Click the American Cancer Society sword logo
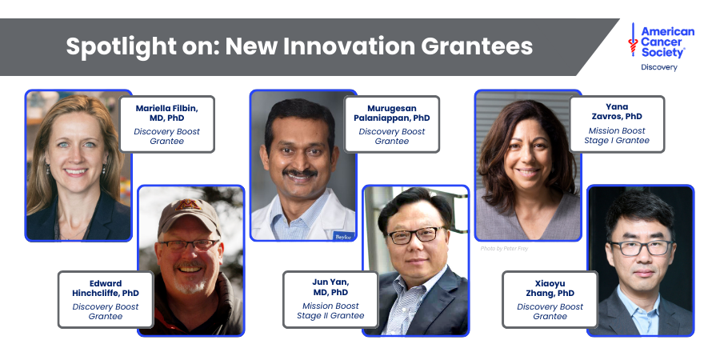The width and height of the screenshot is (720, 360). [x=634, y=39]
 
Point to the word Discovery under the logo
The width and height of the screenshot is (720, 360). [x=659, y=67]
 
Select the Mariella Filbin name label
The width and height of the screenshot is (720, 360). [x=167, y=112]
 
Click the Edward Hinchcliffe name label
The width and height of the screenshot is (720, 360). [x=106, y=288]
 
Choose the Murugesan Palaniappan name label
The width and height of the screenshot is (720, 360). [x=392, y=112]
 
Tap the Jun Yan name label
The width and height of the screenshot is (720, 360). [x=330, y=287]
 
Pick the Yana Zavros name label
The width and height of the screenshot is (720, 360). [x=618, y=111]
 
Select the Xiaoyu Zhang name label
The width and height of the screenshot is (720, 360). [x=550, y=288]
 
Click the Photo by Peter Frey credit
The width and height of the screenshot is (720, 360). [x=505, y=249]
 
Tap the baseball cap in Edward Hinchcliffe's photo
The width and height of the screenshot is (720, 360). [x=188, y=216]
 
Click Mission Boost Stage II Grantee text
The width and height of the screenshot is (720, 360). [x=330, y=310]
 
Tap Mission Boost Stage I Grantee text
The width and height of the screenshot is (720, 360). [x=618, y=135]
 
